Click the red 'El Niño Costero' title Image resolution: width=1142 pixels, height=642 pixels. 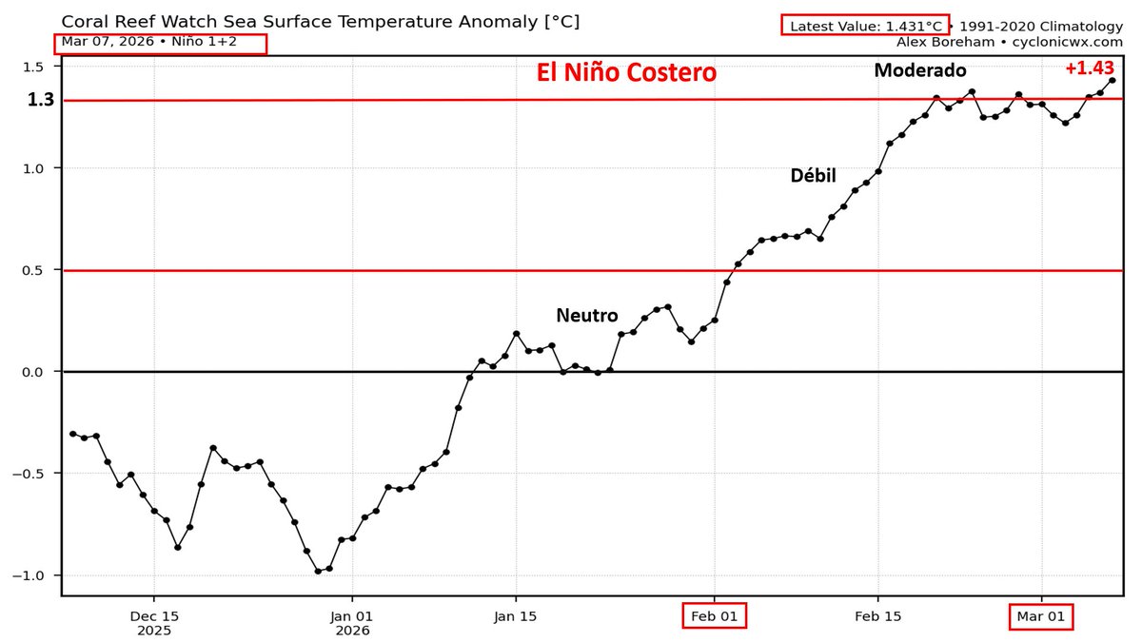tap(625, 73)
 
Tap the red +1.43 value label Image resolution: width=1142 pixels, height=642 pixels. tap(1089, 68)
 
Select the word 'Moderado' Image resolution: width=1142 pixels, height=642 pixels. tap(919, 70)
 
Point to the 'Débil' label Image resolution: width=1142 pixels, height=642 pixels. tap(813, 175)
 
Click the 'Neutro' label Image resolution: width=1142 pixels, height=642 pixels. tap(587, 316)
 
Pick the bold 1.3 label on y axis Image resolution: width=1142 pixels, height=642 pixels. tap(40, 100)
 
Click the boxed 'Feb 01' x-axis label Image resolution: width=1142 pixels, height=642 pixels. tap(715, 616)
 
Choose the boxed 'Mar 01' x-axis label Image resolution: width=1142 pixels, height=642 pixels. tap(1041, 616)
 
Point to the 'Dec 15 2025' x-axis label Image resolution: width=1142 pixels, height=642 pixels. tap(153, 623)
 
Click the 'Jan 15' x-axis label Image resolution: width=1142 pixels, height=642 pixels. tap(516, 616)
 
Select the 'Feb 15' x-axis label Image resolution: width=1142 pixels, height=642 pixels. tap(877, 616)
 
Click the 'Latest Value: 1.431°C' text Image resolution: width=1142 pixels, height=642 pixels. tap(864, 26)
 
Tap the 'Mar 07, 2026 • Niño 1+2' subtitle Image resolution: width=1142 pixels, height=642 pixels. tap(159, 42)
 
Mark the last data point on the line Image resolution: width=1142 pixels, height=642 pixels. tap(1112, 81)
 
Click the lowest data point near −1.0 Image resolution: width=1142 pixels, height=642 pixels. tap(318, 571)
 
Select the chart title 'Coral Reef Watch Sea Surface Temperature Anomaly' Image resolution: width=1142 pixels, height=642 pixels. tap(320, 21)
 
